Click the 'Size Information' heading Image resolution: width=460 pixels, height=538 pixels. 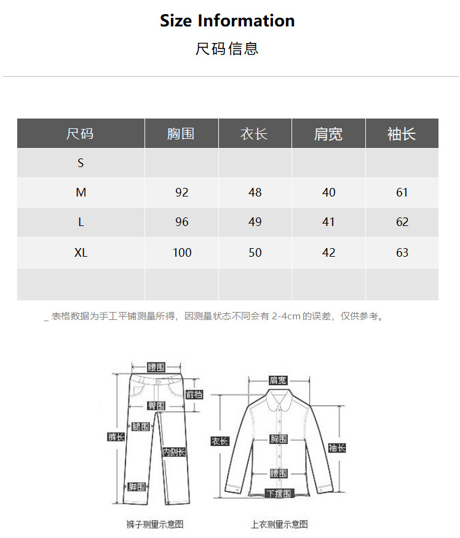tap(228, 21)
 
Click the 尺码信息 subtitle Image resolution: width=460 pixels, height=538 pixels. tap(227, 49)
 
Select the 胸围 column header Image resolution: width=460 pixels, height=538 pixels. tap(181, 133)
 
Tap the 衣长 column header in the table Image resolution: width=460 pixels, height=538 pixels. tap(254, 133)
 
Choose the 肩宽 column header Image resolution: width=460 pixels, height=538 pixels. tap(328, 133)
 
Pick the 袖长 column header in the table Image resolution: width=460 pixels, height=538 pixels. tap(402, 133)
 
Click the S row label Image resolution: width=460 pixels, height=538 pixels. tap(81, 163)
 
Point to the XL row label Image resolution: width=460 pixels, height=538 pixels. tap(81, 252)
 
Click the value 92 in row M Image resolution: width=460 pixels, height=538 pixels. tap(181, 192)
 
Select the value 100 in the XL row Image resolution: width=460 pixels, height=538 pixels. tap(182, 252)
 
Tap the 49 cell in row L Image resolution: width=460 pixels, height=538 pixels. tap(255, 222)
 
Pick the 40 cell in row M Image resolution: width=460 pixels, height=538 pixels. tap(328, 192)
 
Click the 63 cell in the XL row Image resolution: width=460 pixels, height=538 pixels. tap(402, 252)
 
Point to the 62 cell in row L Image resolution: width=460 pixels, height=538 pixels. tap(402, 222)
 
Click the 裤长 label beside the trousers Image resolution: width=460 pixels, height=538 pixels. tap(116, 437)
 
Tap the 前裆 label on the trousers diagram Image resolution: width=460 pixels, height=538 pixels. tap(194, 394)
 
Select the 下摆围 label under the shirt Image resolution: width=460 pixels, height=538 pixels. tap(279, 493)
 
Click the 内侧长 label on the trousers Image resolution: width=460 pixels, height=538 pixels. tap(174, 452)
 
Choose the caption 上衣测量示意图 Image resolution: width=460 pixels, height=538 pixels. tap(279, 524)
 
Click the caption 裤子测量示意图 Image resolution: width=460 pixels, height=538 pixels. tap(155, 524)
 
